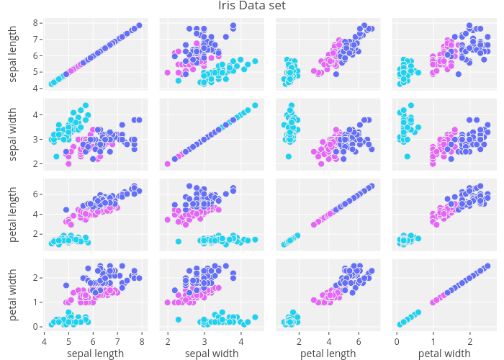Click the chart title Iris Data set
(x=252, y=6)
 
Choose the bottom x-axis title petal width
(x=444, y=354)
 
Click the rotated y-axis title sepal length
(x=14, y=55)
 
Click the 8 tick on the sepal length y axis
(x=35, y=23)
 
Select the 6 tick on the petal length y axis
(x=35, y=194)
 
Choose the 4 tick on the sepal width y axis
(x=35, y=114)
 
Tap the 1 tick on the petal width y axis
(x=35, y=302)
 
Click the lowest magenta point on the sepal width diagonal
(x=167, y=163)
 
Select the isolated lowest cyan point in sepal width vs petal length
(x=289, y=156)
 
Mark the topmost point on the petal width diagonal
(x=487, y=266)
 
